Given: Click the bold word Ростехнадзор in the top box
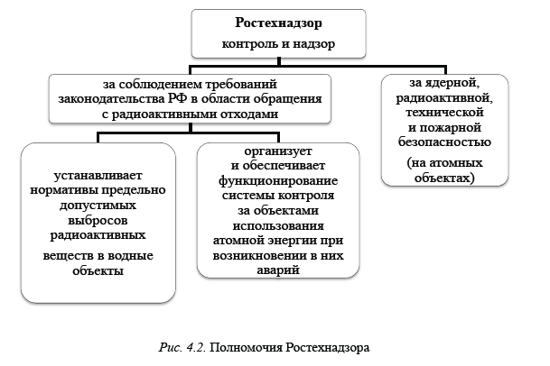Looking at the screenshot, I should (277, 23).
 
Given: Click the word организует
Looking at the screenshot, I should (278, 151).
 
